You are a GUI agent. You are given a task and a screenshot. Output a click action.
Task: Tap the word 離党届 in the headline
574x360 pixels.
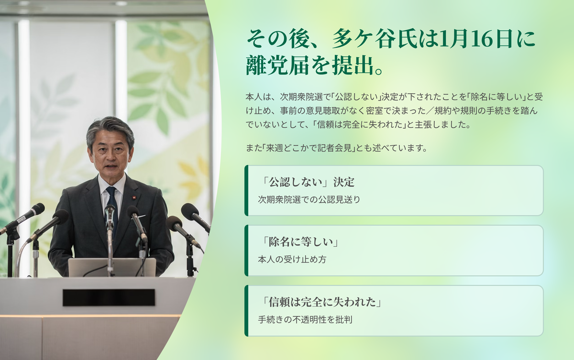point(278,65)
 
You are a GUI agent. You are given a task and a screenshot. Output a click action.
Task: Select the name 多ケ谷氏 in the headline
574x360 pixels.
point(375,39)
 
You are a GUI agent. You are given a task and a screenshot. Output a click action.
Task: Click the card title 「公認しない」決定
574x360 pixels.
point(307,182)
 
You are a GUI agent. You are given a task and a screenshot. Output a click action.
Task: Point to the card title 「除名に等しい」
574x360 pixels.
point(299,242)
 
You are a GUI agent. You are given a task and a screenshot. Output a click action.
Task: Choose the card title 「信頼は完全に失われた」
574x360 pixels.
point(320,302)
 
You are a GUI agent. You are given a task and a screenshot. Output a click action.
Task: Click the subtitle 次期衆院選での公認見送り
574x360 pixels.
point(309,199)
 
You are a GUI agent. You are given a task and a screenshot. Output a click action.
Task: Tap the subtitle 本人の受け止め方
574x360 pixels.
point(292,260)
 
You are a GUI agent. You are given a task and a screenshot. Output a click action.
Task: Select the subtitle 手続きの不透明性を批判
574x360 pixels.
point(305,319)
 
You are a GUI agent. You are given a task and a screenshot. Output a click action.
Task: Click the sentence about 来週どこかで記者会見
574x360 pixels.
point(336,148)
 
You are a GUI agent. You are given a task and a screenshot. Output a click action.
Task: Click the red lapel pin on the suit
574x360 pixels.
point(133,197)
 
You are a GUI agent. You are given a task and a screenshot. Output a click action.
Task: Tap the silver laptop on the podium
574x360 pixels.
point(112,267)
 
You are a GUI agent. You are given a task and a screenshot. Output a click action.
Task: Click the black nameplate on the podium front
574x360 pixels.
point(109,297)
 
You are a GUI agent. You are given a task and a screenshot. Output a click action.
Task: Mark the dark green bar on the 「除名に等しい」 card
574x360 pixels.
point(246,251)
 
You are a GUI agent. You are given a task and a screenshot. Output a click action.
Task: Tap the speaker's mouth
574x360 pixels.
point(110,166)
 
